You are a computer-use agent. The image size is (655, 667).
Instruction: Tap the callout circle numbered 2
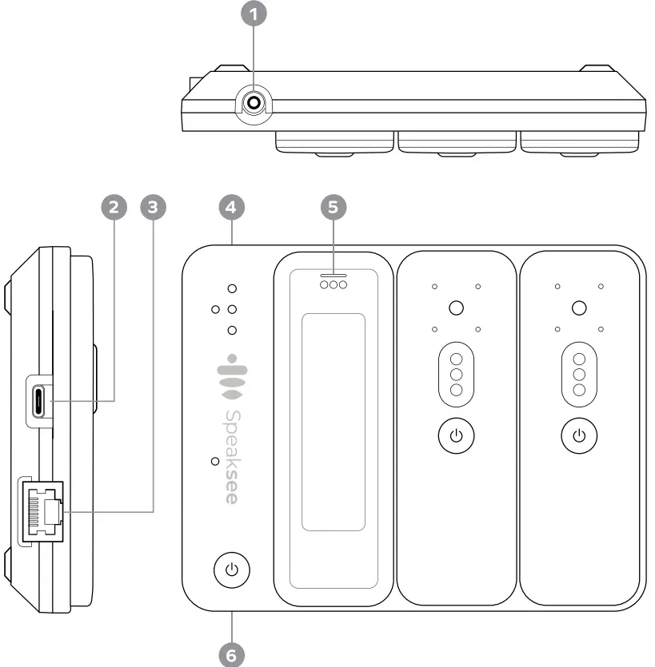click(114, 207)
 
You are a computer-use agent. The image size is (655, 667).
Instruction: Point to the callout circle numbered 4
click(231, 207)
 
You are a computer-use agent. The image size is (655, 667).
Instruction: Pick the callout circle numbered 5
click(333, 207)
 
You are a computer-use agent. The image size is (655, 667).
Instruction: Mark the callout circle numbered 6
click(231, 653)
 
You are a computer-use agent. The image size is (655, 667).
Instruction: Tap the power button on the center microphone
click(456, 436)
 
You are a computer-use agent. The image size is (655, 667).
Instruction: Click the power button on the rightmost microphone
click(580, 436)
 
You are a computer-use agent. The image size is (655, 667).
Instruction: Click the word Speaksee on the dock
click(231, 456)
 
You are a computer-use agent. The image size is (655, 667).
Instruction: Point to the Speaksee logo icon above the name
click(231, 376)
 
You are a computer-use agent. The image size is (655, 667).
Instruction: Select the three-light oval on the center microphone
click(456, 374)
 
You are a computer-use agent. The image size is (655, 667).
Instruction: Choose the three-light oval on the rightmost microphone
click(580, 374)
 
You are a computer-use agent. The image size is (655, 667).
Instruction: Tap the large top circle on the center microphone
click(456, 308)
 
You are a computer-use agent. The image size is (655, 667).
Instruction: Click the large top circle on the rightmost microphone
click(580, 308)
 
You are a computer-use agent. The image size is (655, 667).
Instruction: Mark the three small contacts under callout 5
click(333, 284)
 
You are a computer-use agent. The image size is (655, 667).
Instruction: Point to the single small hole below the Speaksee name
click(214, 462)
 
